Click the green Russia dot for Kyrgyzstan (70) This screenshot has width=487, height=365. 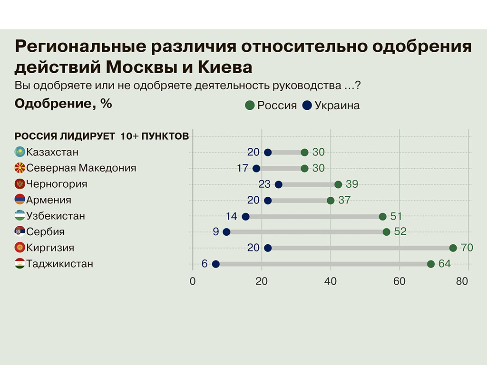pos(453,248)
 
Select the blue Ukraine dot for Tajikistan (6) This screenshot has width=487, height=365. pos(215,264)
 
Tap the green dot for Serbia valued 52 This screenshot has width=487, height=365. pos(386,232)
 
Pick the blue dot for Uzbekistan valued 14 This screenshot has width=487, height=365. pos(245,217)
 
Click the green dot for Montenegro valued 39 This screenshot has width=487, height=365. pos(338,184)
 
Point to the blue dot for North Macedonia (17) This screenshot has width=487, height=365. pos(256,168)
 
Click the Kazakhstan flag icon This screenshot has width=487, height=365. pos(20,152)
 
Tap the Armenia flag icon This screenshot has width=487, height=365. pos(20,200)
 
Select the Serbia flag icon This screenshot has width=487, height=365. pos(20,232)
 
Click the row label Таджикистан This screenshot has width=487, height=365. pos(59,264)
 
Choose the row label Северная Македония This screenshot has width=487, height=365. pos(81,168)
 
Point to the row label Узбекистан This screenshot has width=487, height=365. pos(56,216)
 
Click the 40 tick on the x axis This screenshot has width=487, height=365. pos(331,281)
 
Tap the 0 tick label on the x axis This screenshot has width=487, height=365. pos(193,281)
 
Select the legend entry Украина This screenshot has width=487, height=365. pos(337,106)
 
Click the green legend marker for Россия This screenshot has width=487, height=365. pos(250,106)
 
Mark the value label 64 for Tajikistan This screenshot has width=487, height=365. pos(444,264)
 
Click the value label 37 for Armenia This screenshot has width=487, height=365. pos(344,200)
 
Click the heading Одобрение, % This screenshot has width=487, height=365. pos(63,104)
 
